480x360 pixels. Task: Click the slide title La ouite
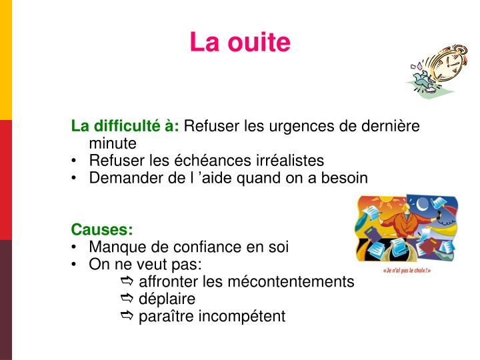[240, 42]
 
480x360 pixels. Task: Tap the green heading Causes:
[102, 229]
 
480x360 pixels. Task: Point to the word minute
[112, 143]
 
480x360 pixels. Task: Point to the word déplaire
[167, 299]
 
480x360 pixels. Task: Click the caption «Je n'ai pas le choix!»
[407, 271]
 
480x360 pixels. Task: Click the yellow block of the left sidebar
[5, 60]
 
